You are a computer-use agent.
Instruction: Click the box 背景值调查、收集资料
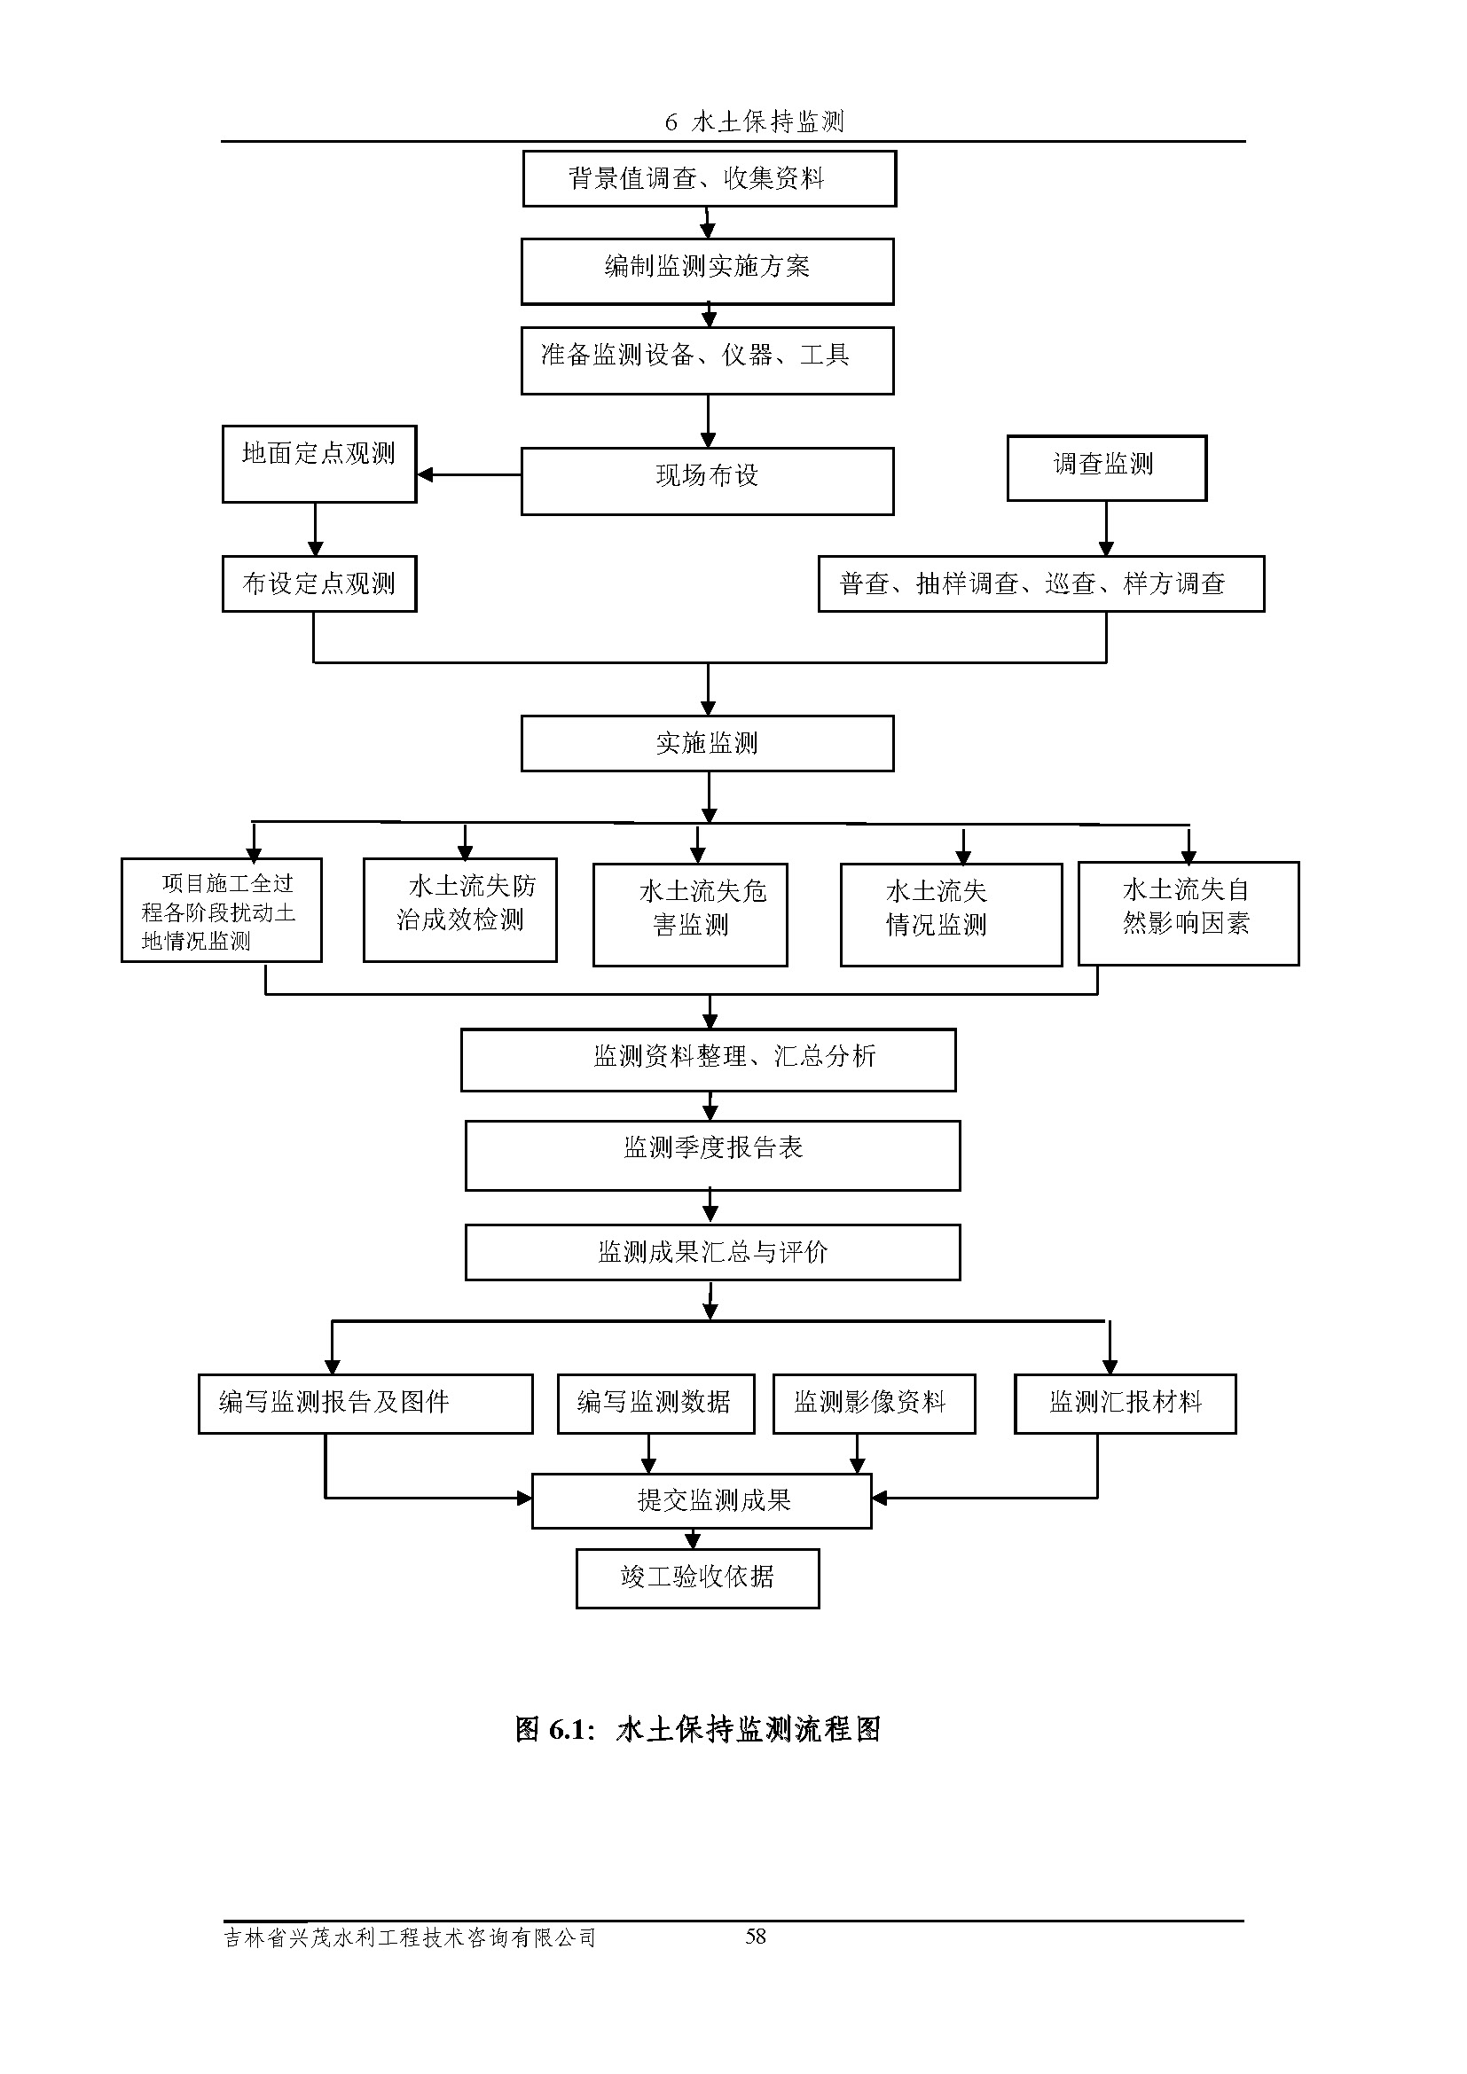pos(710,179)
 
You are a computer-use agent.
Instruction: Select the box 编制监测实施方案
pos(707,271)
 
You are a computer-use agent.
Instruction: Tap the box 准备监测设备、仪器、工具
pos(707,360)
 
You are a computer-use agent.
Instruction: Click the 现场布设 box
pos(707,481)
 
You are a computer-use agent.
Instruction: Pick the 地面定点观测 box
pos(319,464)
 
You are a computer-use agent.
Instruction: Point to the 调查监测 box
pos(1107,468)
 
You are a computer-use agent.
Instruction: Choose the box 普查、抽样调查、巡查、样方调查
pos(1040,583)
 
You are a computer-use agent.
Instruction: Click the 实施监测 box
pos(707,743)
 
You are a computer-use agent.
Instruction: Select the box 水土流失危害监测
pos(690,914)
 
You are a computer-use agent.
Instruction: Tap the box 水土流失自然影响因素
pos(1188,912)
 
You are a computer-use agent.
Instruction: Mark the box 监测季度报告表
pos(713,1155)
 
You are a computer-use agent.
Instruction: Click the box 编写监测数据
pos(655,1403)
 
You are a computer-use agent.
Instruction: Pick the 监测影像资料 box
pos(874,1403)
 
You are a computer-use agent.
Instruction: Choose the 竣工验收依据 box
pos(697,1578)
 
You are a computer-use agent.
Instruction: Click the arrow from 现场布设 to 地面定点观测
pos(468,474)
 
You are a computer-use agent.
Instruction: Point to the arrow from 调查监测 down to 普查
pos(1106,528)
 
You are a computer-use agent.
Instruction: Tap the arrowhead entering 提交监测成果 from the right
pos(879,1498)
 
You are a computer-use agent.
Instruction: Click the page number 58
pos(755,1936)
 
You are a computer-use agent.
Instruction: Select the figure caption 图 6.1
pos(697,1729)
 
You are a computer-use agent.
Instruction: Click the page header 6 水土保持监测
pos(754,122)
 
